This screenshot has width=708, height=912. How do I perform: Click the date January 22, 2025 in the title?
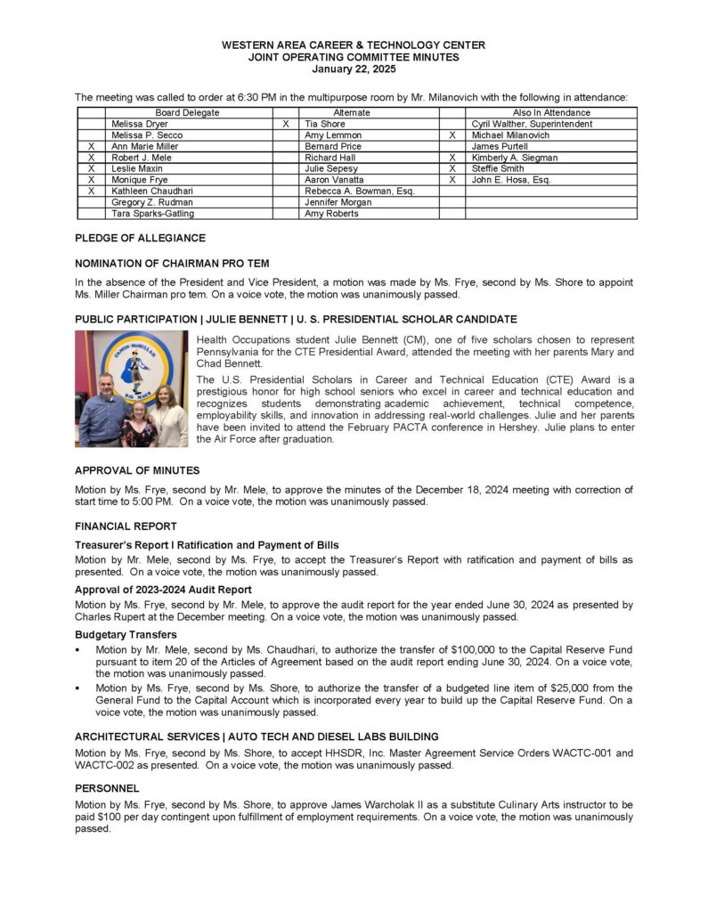click(x=354, y=69)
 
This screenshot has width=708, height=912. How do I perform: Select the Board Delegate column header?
click(x=187, y=113)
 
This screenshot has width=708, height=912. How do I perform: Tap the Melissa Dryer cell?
click(x=139, y=125)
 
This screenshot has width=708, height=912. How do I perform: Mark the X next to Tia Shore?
click(x=285, y=125)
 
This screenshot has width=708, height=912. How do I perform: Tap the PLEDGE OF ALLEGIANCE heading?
click(x=140, y=239)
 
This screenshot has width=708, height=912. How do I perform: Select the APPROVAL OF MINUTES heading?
click(x=137, y=470)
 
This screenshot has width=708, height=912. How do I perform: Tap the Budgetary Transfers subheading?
click(x=126, y=635)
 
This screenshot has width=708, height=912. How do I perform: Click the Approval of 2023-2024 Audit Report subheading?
click(x=163, y=590)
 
